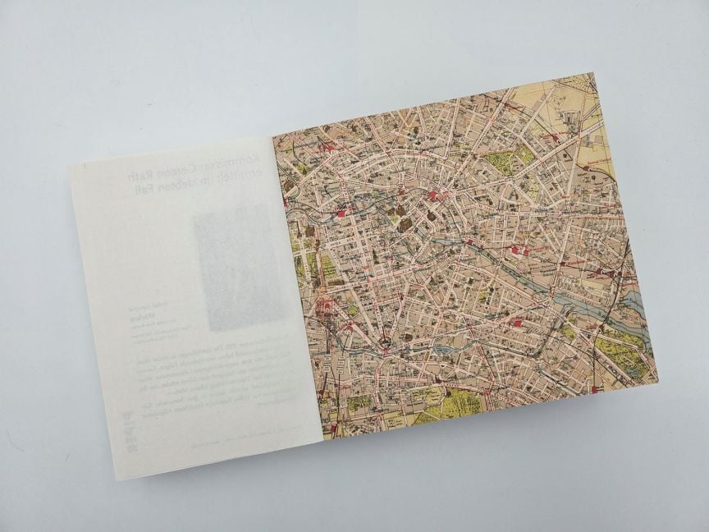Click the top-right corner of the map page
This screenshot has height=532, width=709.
click(595, 73)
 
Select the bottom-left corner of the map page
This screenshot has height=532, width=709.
click(323, 440)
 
